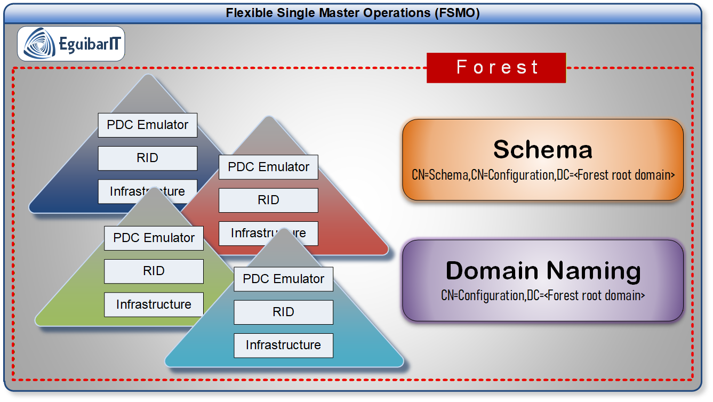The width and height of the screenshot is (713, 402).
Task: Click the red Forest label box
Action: [496, 68]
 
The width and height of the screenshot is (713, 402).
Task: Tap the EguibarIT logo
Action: [71, 44]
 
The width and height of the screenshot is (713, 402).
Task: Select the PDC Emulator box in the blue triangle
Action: [148, 125]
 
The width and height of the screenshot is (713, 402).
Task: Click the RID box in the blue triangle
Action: [148, 158]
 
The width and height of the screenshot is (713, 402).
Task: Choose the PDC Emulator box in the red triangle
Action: [268, 167]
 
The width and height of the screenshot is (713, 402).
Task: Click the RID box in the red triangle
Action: [268, 200]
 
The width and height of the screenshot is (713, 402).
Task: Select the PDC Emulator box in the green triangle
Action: [154, 238]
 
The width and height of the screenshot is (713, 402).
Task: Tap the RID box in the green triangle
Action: [154, 271]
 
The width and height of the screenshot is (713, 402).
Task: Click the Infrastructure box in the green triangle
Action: [154, 304]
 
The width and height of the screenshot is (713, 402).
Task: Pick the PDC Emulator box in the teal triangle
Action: [283, 279]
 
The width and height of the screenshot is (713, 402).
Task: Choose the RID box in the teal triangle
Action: [283, 312]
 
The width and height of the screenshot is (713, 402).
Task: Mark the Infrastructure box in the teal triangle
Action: [283, 345]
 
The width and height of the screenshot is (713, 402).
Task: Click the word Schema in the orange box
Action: [542, 149]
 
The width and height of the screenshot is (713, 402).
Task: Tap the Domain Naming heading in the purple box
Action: [542, 270]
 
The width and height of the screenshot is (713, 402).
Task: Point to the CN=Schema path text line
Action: [542, 174]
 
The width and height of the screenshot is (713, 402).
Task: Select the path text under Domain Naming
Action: [542, 295]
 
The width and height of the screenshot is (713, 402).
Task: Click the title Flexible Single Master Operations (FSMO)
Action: [353, 13]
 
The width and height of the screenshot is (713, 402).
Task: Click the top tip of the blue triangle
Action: [148, 76]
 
